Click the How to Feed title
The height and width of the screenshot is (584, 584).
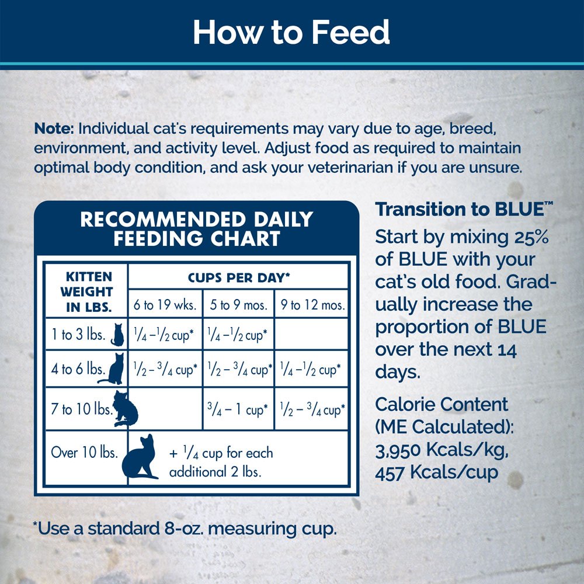pos(291,33)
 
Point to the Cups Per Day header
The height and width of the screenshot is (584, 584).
pos(239,277)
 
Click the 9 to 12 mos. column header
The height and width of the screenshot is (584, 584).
pos(312,305)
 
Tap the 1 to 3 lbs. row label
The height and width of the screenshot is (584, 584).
pos(78,335)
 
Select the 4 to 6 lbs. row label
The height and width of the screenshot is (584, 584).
pos(78,369)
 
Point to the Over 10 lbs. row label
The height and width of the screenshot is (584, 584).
pos(81,451)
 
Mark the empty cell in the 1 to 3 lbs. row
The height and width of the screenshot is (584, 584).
pos(312,335)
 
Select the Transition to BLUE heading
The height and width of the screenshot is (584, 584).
pos(464,209)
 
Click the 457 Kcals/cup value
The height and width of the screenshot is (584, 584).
pos(437,471)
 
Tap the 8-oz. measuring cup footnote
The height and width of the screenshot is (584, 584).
pos(185,529)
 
